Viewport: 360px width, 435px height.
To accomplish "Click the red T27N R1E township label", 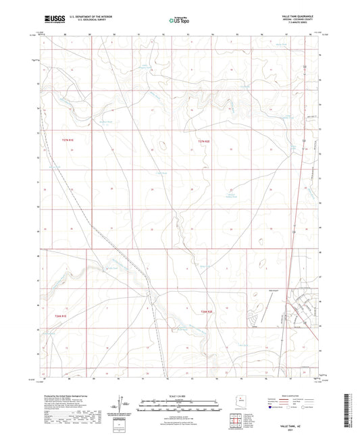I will (61, 139).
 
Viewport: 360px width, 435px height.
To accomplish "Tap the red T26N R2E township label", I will (207, 311).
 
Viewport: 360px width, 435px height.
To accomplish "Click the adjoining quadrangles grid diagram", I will (236, 418).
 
